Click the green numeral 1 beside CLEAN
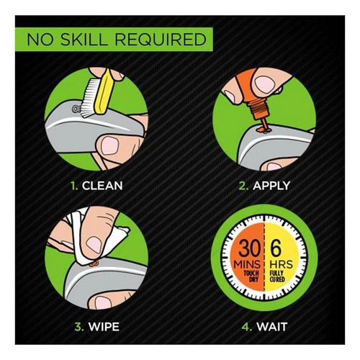[73, 185]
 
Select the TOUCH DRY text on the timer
[247, 281]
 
